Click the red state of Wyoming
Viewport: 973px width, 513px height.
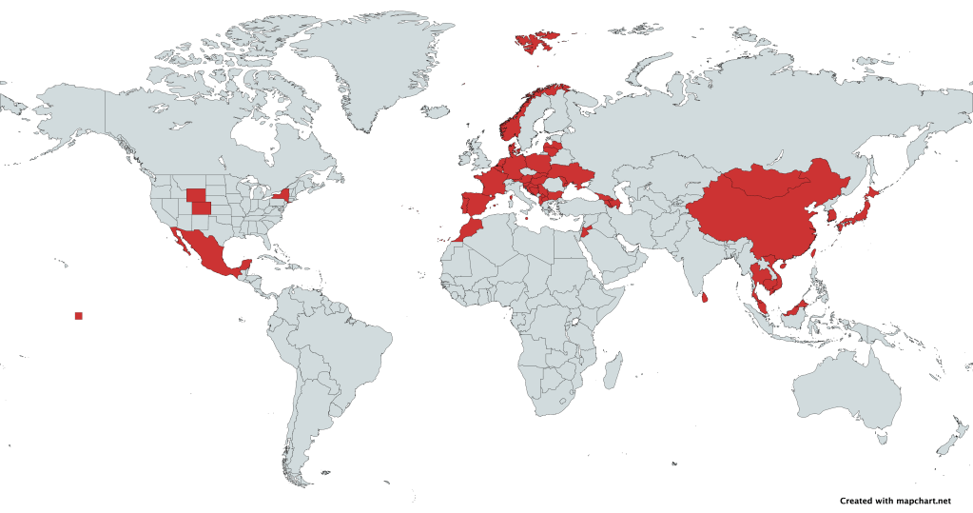coord(197,196)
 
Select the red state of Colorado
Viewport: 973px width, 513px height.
coord(203,208)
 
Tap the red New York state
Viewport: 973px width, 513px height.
coord(281,195)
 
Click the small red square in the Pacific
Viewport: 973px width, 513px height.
coord(79,315)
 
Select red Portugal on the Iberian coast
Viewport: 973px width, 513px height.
coord(463,204)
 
